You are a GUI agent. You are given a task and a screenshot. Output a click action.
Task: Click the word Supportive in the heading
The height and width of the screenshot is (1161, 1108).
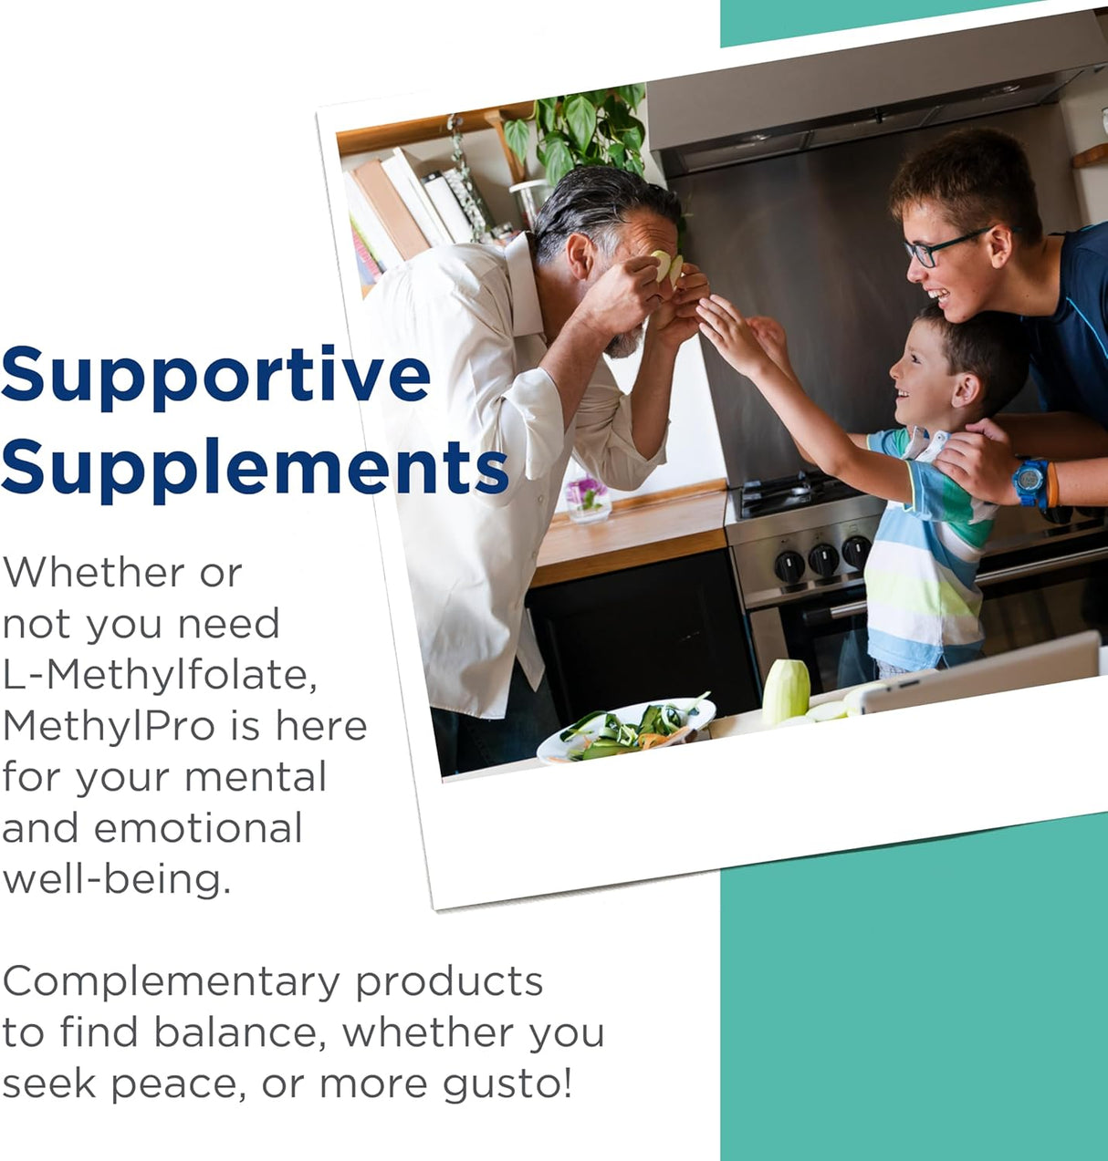coord(216,375)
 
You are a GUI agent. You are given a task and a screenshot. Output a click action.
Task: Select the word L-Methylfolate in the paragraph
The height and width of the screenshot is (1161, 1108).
coord(160,675)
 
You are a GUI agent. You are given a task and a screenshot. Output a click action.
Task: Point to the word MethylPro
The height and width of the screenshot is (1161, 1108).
coord(109,726)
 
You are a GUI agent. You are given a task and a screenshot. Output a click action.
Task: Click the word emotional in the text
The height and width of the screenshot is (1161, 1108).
coord(198,828)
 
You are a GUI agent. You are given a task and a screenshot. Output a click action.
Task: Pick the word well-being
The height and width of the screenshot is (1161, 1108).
coord(116,879)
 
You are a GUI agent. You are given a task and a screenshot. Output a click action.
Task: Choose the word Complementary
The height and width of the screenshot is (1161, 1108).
coord(171,982)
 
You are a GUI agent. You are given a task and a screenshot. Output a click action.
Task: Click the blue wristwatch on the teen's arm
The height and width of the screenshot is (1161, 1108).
coord(1030,481)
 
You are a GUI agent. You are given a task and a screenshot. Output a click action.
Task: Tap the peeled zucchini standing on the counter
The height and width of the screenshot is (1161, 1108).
coord(786,690)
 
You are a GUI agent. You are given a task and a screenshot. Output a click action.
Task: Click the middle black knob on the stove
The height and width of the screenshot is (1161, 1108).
coord(823,559)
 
